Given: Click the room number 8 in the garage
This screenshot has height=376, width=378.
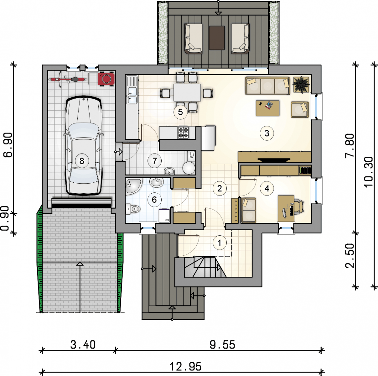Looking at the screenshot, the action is tap(82, 161).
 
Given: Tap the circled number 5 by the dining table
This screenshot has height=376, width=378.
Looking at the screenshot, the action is tap(180, 112).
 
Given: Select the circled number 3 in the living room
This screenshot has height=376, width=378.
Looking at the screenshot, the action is tap(267, 133).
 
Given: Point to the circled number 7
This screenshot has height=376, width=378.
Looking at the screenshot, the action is tap(155, 161).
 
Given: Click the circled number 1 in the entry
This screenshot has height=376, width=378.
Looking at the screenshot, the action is tap(220, 243).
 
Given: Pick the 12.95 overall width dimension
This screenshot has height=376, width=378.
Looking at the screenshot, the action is tap(185, 366).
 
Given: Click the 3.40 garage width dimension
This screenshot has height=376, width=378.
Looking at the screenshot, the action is tap(83, 345).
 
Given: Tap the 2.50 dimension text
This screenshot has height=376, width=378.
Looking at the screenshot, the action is tap(350, 256).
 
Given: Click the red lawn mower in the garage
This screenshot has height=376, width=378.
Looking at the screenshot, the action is tap(106, 79).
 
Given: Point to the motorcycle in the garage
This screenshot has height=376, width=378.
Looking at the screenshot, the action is tap(68, 79).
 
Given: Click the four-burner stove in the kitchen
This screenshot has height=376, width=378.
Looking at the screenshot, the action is tap(183, 132).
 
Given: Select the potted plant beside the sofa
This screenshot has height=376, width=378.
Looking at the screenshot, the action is tap(301, 84).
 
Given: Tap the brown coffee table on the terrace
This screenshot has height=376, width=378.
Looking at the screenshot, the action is tap(217, 38).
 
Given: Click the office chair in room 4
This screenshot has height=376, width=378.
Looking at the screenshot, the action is tap(299, 206).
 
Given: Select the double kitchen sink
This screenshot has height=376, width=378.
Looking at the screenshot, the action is tap(132, 96).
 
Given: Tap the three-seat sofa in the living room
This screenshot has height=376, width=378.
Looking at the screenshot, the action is tap(267, 86).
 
